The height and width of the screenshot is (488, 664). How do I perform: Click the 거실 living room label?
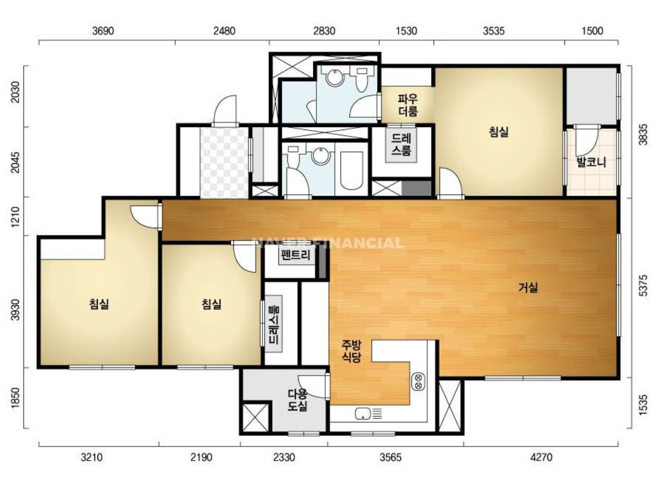pos(528,288)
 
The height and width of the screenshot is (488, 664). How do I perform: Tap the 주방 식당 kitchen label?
pos(352,351)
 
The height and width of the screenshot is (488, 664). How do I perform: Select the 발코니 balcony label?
pos(591,162)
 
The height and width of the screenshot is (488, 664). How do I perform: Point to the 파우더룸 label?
pos(408,105)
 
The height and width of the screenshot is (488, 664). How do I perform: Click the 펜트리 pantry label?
pos(295,255)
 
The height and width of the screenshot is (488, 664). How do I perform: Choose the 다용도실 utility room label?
pos(298,400)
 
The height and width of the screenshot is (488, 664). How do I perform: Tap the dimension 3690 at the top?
pos(103,31)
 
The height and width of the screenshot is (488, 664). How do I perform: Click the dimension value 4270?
pos(541,457)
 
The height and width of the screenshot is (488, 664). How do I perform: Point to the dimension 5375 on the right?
pos(643,285)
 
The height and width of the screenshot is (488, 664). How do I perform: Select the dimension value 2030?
pos(15,92)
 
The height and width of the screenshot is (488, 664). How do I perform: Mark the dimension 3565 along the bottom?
pos(390,457)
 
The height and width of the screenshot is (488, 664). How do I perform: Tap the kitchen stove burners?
pos(418,381)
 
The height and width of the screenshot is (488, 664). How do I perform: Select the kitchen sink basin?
pos(363,413)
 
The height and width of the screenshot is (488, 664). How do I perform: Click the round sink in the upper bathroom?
pos(335,78)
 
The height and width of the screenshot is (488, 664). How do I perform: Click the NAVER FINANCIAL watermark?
pos(327,243)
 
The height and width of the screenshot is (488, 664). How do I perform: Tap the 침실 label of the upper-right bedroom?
pos(499,132)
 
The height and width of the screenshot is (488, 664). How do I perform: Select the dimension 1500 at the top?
pos(592,31)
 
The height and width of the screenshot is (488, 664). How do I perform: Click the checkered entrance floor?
pos(224,162)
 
